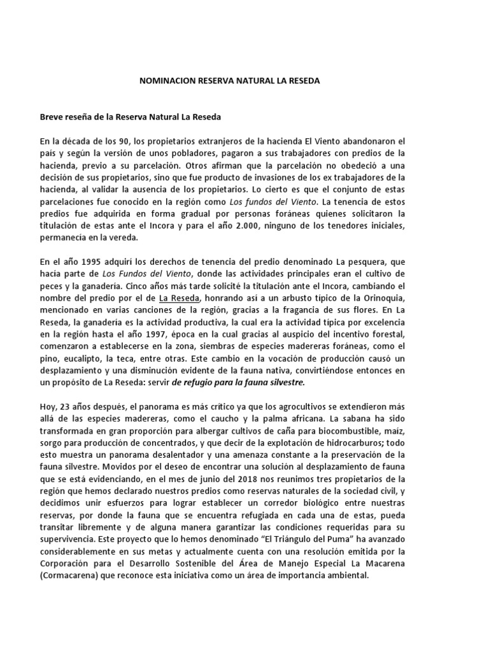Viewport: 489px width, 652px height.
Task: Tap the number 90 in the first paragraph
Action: [121, 141]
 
